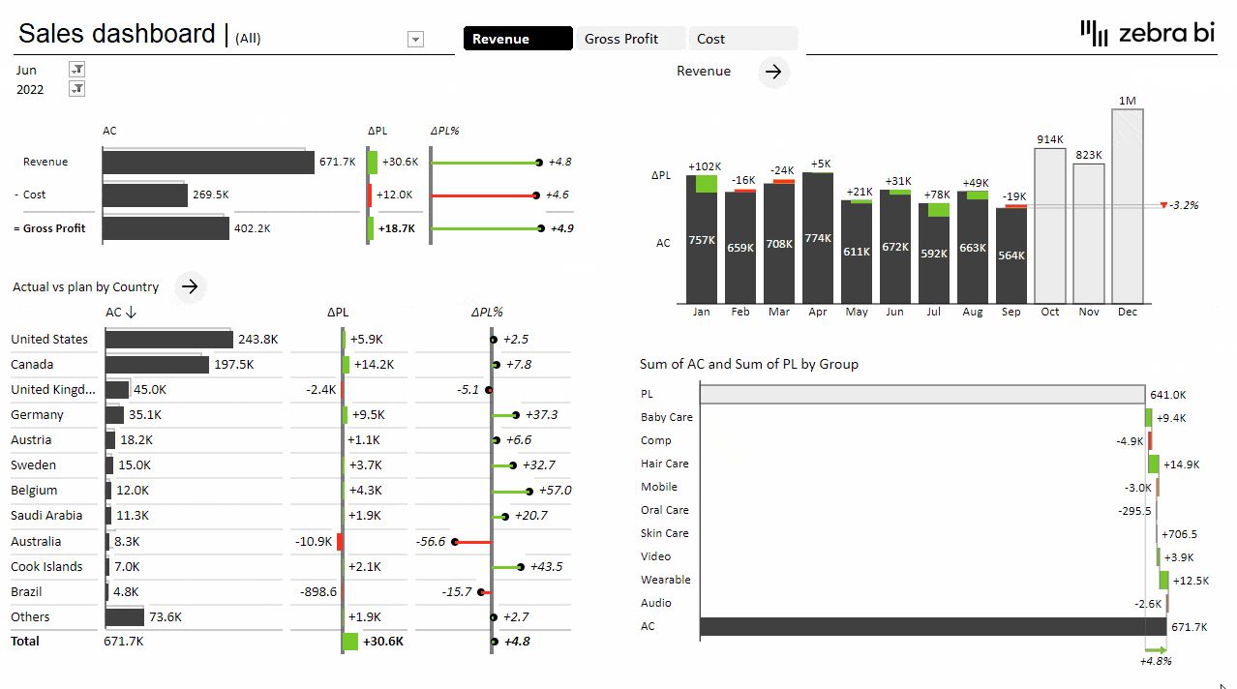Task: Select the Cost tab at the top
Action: pos(742,39)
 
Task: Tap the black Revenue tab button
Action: pos(518,39)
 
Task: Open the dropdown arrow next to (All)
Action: pos(416,40)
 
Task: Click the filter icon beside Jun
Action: pos(77,70)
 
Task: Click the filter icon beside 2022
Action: pos(77,89)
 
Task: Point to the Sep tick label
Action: pos(1011,312)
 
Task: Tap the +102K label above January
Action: pos(705,167)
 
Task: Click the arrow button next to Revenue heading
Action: pos(773,72)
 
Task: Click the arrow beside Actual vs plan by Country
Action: pos(191,286)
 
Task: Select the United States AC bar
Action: pos(169,340)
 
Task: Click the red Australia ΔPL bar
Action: pos(339,542)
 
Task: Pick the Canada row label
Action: pos(32,365)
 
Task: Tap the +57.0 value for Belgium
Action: pos(555,491)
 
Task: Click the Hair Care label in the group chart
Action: pos(665,464)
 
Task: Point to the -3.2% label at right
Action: pos(1184,205)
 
